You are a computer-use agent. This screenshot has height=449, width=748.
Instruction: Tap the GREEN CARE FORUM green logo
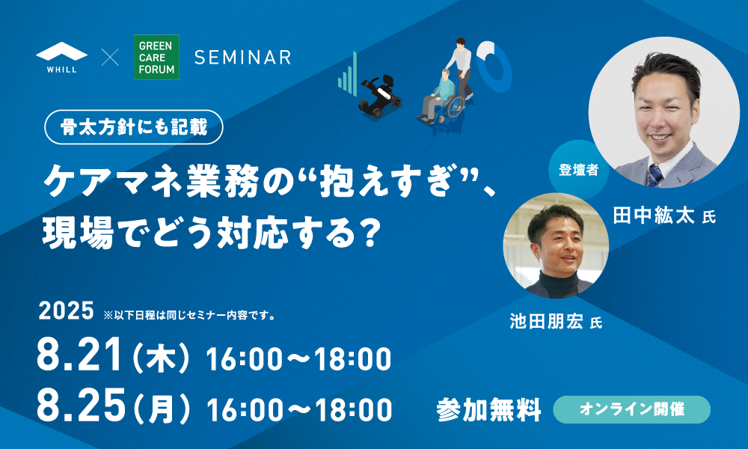tap(156, 58)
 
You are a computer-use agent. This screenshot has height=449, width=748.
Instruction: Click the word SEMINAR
tap(243, 58)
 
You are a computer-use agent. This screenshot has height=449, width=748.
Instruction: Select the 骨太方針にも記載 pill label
tap(134, 127)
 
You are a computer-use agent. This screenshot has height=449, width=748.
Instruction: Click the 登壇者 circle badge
tap(578, 170)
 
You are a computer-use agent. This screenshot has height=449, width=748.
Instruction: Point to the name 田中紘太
tap(653, 216)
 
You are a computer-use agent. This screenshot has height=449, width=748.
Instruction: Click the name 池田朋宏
tap(547, 322)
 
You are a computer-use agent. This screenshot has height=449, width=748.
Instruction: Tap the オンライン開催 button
tap(631, 409)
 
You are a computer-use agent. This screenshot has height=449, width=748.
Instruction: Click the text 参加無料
tap(488, 409)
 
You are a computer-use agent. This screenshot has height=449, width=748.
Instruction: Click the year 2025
tap(67, 311)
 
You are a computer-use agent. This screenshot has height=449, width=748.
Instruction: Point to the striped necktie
tap(654, 176)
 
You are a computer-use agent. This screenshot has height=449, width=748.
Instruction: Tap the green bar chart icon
tap(348, 73)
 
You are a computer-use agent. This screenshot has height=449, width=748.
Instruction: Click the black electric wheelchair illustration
tap(379, 97)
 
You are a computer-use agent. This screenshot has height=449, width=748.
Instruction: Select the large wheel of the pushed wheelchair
tap(456, 106)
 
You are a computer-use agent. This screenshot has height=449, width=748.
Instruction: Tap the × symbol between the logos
tap(110, 58)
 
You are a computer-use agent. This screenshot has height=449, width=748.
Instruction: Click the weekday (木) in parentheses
tap(162, 358)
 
